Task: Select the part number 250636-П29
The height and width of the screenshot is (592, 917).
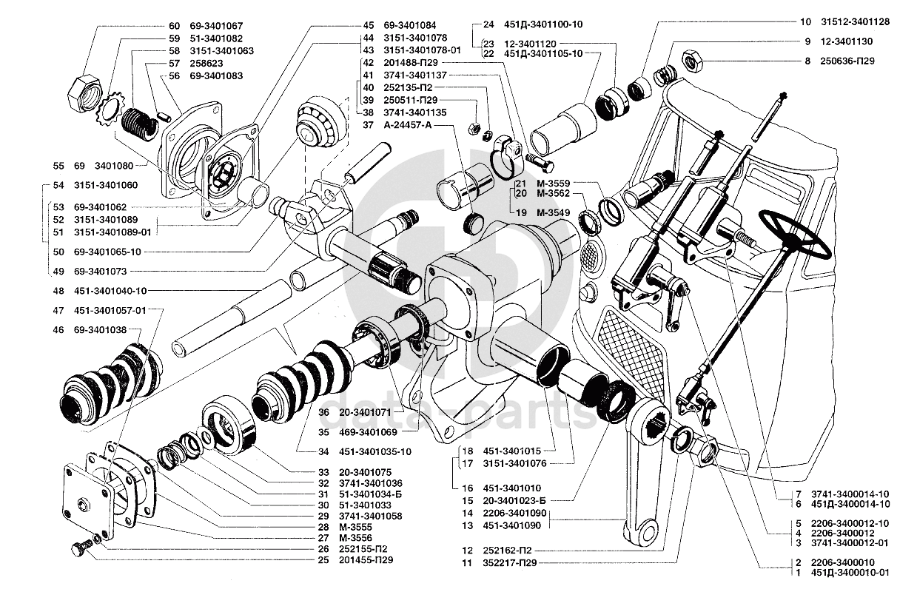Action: coord(844,61)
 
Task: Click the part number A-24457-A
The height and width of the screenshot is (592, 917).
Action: coord(407,126)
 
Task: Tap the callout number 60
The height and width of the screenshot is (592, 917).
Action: coord(175,25)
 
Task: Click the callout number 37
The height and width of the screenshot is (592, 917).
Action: coord(368,126)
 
